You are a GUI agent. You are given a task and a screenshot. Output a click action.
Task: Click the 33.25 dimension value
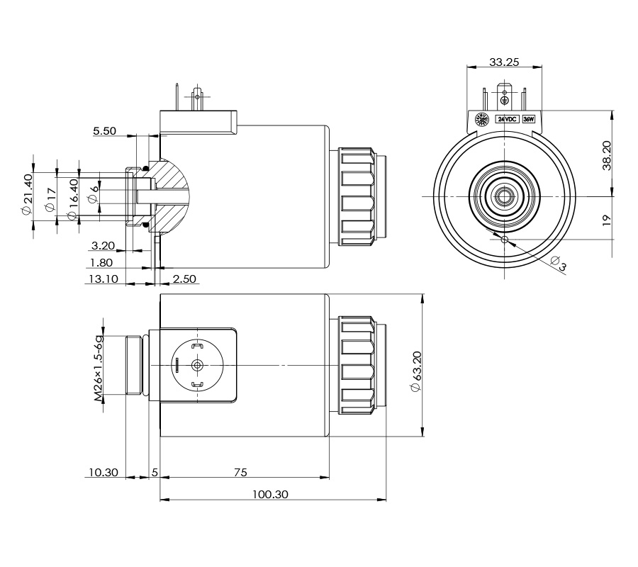click(x=504, y=62)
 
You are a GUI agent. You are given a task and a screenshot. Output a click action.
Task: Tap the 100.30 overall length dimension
click(x=271, y=495)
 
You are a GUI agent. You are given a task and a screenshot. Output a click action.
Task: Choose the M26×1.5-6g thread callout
click(x=100, y=368)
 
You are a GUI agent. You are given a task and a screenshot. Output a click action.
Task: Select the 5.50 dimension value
click(x=104, y=131)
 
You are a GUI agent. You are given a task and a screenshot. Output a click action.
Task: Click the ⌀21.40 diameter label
click(x=28, y=198)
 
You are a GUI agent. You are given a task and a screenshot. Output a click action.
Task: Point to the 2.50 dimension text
click(x=184, y=279)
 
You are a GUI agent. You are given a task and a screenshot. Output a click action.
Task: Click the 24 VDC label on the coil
click(x=508, y=119)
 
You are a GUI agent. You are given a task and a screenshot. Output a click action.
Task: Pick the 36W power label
click(x=528, y=119)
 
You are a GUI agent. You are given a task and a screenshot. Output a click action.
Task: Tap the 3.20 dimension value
click(x=103, y=246)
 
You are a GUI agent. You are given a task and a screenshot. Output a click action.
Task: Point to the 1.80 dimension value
click(x=103, y=262)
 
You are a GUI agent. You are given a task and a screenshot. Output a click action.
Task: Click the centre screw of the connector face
click(x=196, y=365)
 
